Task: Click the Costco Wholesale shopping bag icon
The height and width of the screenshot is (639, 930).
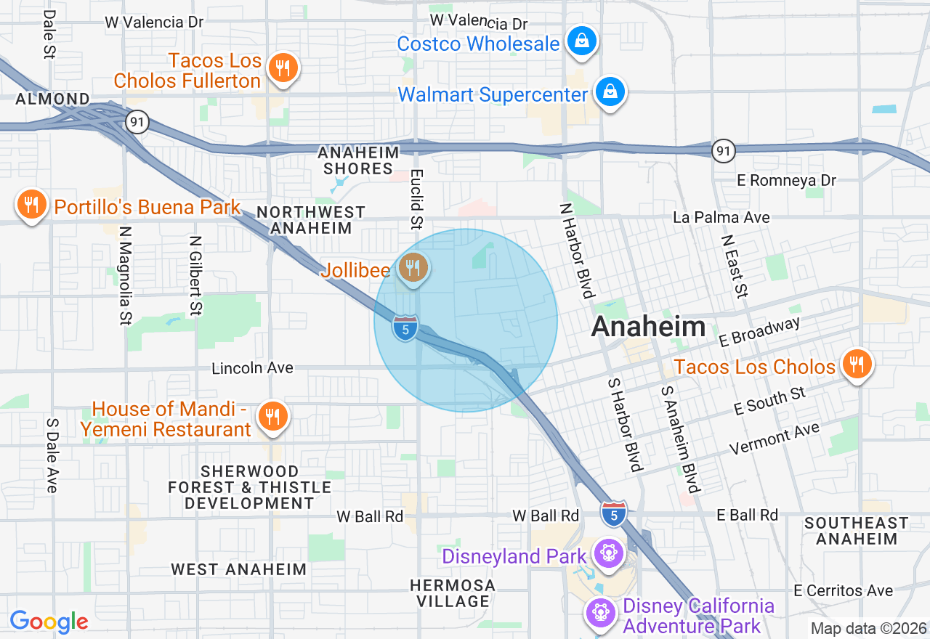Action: coord(582,41)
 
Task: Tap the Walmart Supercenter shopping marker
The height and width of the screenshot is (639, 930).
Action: coord(610,92)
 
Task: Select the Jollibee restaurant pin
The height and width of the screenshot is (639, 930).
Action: coord(413,267)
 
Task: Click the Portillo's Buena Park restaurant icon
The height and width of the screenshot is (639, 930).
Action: coord(31,205)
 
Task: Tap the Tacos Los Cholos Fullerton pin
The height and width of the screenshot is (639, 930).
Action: coord(283,68)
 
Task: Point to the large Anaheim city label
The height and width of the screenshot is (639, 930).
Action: coord(648,327)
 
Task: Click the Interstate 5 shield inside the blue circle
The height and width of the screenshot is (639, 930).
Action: coord(405,328)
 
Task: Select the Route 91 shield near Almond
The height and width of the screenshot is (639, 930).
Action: coord(137,121)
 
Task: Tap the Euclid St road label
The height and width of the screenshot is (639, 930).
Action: coord(416,199)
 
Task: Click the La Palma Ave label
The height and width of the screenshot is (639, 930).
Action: coord(721,217)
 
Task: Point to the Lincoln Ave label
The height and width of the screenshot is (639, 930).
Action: coord(252,368)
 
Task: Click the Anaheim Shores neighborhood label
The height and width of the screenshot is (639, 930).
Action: coord(358,160)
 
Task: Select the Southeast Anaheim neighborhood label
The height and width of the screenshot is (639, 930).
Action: coord(856,531)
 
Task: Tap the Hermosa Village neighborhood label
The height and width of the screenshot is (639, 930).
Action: coord(452,593)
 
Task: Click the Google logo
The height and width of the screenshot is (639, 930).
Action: coord(49,622)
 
